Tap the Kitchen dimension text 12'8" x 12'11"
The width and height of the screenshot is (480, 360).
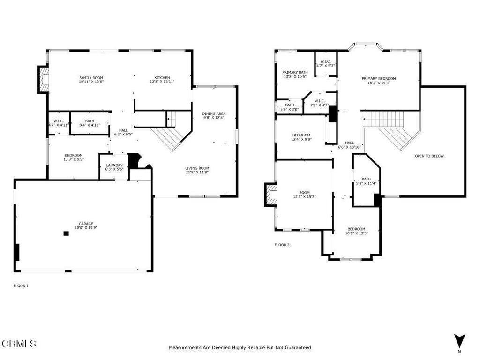[x=162, y=82]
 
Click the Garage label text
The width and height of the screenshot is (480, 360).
[x=86, y=224]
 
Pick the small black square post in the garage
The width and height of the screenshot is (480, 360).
[x=66, y=233]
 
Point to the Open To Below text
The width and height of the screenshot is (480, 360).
[x=429, y=156]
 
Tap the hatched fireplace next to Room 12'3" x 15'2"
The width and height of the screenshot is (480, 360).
[x=271, y=195]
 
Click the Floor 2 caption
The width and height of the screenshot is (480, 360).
[x=282, y=245]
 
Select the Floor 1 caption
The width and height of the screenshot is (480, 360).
[x=21, y=286]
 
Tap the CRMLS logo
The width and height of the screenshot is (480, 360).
[x=19, y=344]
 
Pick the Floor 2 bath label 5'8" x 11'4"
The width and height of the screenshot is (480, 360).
[x=366, y=181]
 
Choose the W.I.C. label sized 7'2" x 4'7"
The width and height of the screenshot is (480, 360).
[x=320, y=103]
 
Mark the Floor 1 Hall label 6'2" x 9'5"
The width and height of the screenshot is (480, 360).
[x=123, y=132]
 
